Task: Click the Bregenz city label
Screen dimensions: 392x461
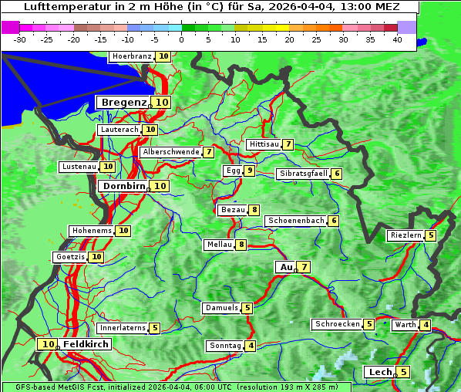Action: tap(123, 103)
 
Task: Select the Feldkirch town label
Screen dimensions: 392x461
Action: tap(86, 344)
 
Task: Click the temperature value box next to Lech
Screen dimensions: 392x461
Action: tap(402, 372)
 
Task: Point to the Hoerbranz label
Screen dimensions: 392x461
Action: tap(131, 56)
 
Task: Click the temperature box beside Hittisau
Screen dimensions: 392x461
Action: tap(288, 144)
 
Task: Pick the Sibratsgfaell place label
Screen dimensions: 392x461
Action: tap(303, 174)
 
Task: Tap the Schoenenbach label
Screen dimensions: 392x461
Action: tap(295, 221)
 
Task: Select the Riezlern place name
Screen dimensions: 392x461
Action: tap(405, 235)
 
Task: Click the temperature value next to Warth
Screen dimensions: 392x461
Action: tap(426, 325)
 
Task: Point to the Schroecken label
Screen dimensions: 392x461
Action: tap(337, 324)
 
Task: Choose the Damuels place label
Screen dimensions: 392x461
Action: tap(220, 308)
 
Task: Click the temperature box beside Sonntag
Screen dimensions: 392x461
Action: tap(251, 346)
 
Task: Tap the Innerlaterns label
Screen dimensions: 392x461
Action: tap(123, 328)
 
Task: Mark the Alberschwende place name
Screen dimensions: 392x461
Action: tap(170, 152)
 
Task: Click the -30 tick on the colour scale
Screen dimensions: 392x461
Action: tap(20, 39)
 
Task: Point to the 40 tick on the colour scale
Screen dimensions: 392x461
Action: tap(397, 39)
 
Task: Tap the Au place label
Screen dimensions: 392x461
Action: tap(286, 267)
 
